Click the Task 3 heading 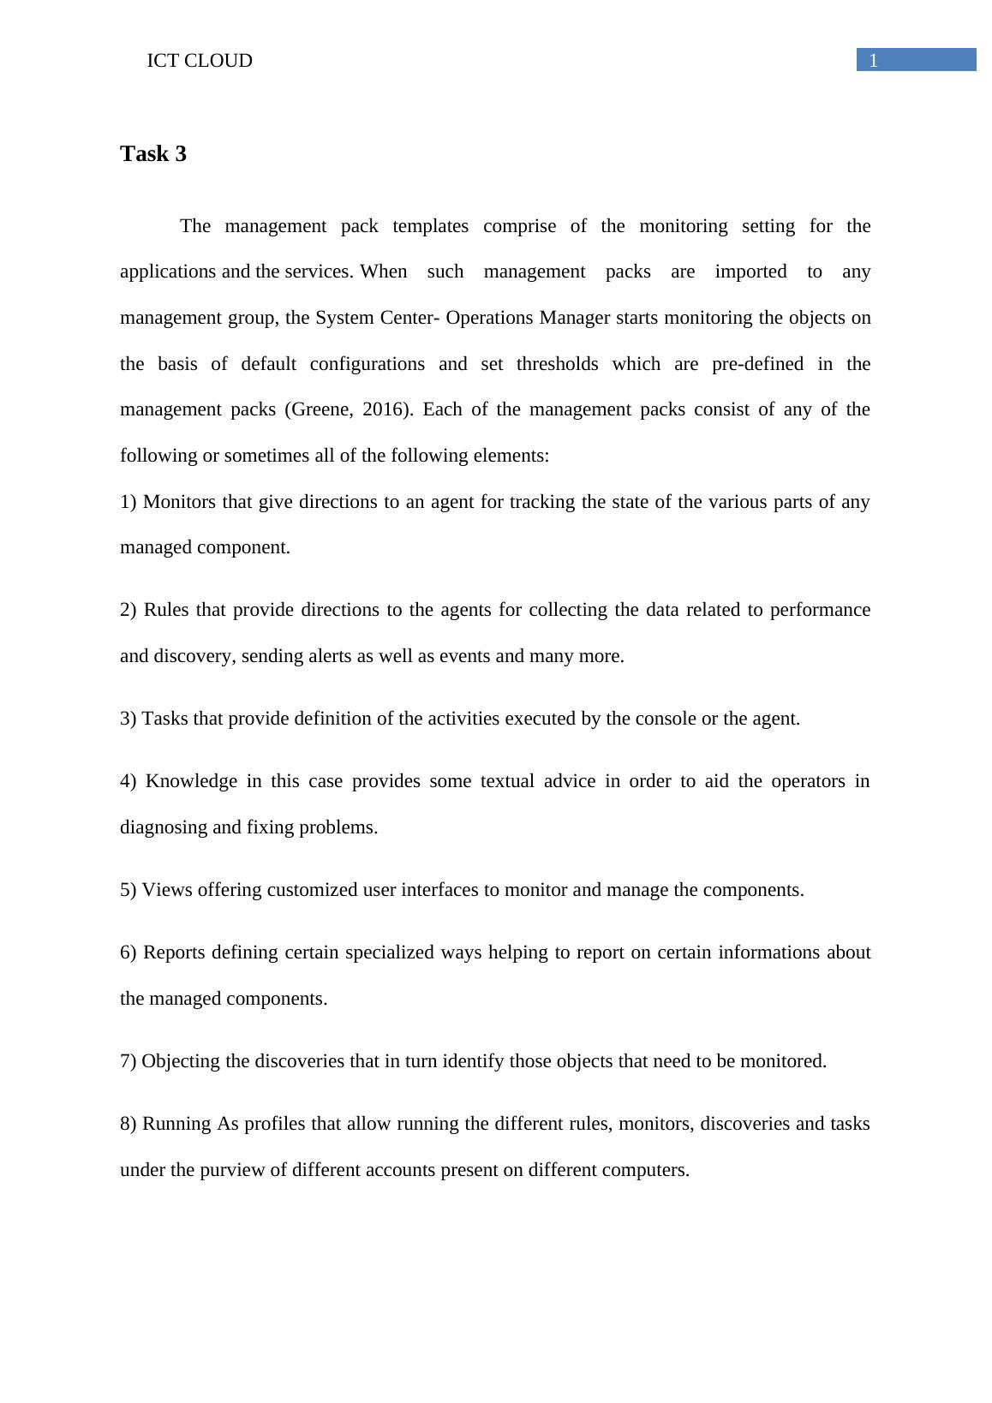click(153, 154)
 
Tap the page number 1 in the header click(874, 61)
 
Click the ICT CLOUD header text click(200, 61)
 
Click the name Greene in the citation click(320, 409)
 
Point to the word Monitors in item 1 click(179, 502)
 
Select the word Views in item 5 click(167, 890)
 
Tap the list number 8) click(128, 1124)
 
